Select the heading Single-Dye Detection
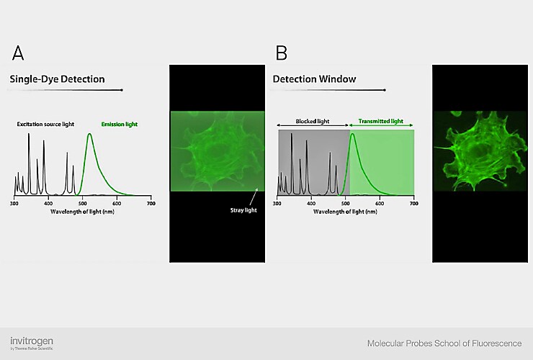coord(57,78)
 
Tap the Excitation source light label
coord(46,125)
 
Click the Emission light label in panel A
coord(120,125)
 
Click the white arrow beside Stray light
coord(252,196)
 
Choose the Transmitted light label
coord(381,123)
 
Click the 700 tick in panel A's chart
coord(151,204)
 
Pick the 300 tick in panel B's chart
coord(278,204)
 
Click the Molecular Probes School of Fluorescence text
coord(444,343)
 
